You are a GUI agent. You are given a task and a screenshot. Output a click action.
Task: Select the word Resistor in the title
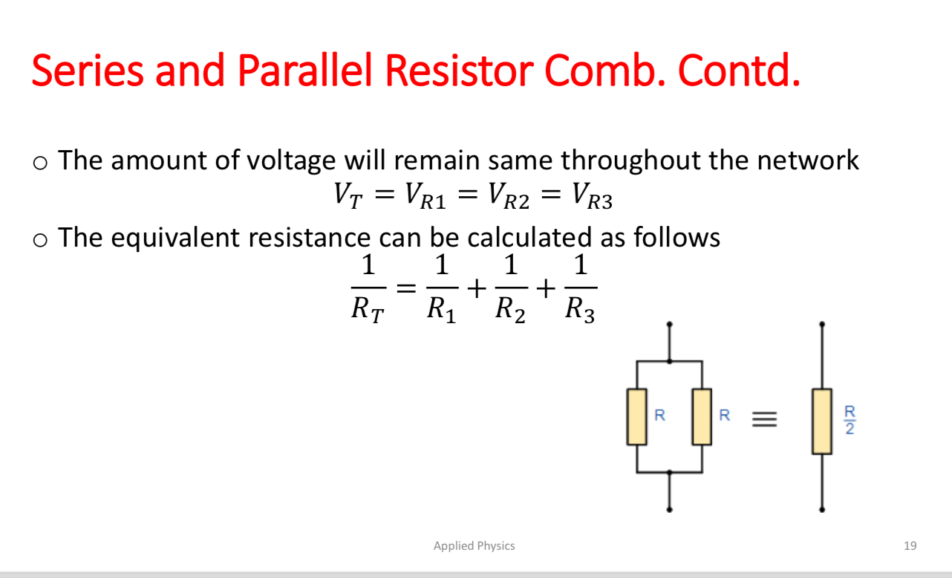(463, 71)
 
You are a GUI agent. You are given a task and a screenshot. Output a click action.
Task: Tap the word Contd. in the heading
(740, 71)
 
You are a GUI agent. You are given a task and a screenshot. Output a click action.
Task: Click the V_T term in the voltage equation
(348, 195)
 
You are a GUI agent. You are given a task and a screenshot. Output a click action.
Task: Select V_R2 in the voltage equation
(506, 195)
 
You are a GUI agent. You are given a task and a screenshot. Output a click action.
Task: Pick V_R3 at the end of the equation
(591, 195)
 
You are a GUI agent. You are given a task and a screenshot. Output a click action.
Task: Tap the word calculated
(530, 238)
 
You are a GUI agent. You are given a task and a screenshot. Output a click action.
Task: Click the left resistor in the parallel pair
(636, 417)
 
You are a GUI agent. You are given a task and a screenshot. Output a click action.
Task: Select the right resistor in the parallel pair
(702, 417)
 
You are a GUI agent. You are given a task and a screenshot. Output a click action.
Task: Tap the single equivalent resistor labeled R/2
(821, 420)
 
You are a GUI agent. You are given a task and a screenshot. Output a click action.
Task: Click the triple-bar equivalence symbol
(764, 420)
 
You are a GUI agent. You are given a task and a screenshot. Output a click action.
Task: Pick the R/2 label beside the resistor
(850, 420)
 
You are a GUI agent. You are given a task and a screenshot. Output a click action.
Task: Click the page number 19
(910, 546)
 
